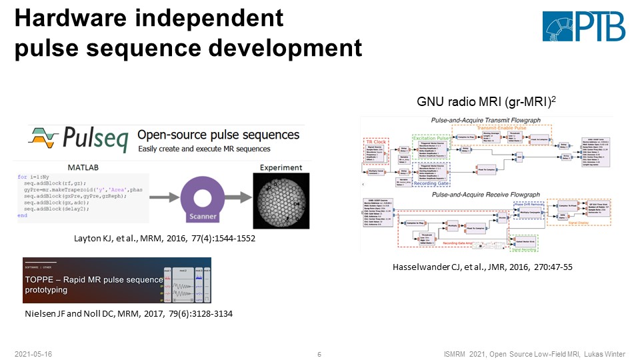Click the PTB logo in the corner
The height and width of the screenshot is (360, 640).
click(x=583, y=27)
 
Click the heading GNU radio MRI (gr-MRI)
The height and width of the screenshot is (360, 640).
click(x=486, y=103)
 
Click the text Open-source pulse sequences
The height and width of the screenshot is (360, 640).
click(x=218, y=135)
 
